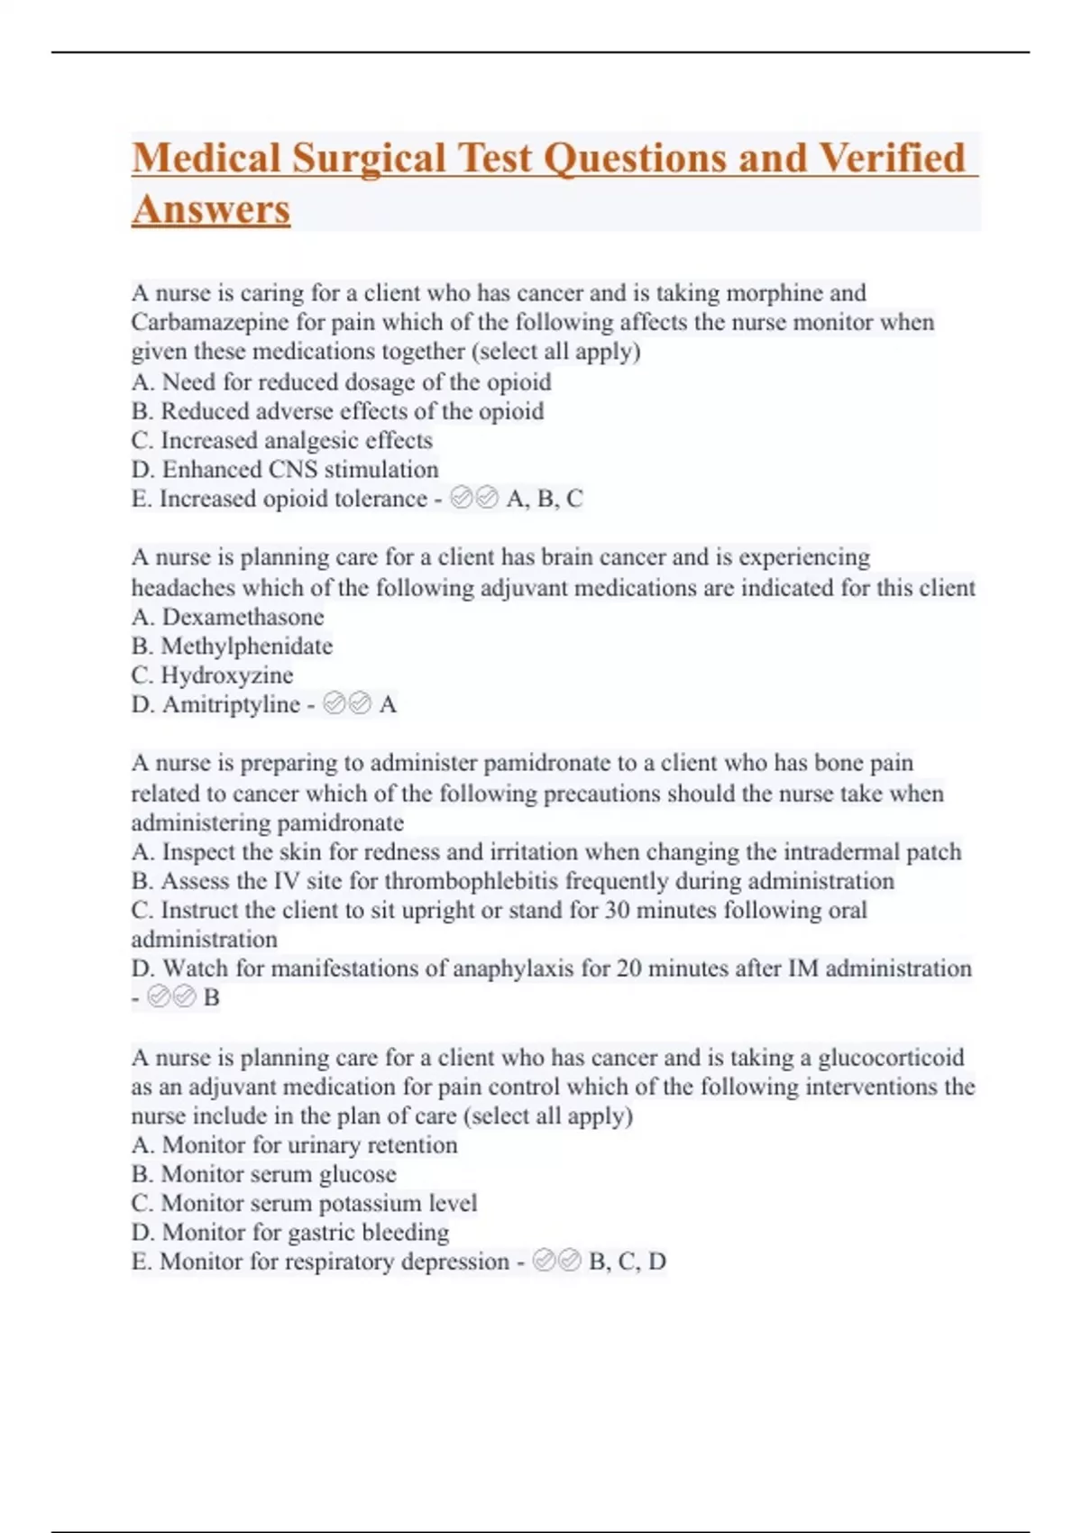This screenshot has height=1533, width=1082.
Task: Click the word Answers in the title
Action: tap(211, 210)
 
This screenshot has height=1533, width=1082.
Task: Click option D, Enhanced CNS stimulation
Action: tap(285, 470)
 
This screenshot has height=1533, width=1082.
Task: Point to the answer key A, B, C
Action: tap(545, 499)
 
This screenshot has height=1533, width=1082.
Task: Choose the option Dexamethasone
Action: tap(243, 617)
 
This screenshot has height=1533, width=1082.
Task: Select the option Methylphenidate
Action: tap(246, 646)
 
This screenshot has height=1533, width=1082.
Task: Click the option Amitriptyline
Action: tap(231, 704)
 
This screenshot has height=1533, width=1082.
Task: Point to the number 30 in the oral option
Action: tap(618, 910)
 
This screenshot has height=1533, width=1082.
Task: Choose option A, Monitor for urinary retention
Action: tap(294, 1145)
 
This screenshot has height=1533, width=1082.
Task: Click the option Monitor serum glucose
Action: tap(278, 1174)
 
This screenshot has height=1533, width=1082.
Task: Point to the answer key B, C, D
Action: tap(628, 1262)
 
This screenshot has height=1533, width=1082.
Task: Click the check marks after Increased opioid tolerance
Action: tap(474, 499)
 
